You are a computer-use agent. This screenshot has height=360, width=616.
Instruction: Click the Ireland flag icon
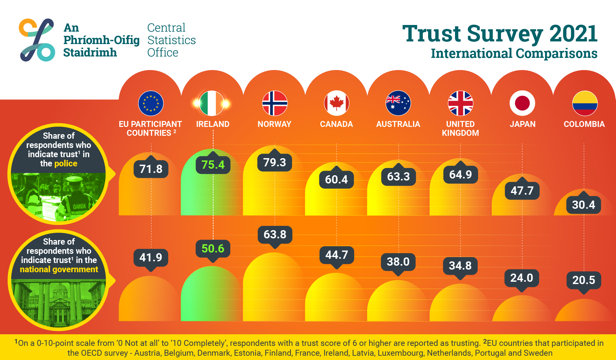[x=212, y=103]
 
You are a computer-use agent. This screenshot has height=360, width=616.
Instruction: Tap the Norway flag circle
[x=275, y=103]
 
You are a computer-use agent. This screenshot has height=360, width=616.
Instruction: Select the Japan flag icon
[x=522, y=103]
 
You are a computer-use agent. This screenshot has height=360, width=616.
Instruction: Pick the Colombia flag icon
[x=584, y=103]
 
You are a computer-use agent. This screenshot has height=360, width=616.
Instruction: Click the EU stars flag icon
[x=151, y=103]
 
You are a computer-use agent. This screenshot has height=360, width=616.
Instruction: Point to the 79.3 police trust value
[x=275, y=162]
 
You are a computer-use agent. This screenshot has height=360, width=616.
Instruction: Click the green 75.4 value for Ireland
[x=213, y=165]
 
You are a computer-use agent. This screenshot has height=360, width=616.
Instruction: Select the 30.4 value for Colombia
[x=583, y=205]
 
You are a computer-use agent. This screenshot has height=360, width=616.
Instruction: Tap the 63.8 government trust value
[x=275, y=234]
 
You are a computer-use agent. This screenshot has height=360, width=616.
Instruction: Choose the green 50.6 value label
[x=213, y=249]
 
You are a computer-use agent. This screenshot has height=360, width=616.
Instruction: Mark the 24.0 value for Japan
[x=522, y=278]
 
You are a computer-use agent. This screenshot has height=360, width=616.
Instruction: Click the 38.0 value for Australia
[x=398, y=262]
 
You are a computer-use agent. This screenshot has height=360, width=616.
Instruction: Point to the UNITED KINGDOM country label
[x=460, y=129]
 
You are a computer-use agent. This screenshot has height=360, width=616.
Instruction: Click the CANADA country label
[x=336, y=124]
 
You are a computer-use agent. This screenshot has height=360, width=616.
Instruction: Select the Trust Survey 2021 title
[x=500, y=34]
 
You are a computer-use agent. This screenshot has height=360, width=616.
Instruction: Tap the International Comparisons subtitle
[x=514, y=54]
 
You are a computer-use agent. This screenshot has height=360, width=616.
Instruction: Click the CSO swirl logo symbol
[x=37, y=40]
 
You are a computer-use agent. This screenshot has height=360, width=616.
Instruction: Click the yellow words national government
[x=59, y=270]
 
